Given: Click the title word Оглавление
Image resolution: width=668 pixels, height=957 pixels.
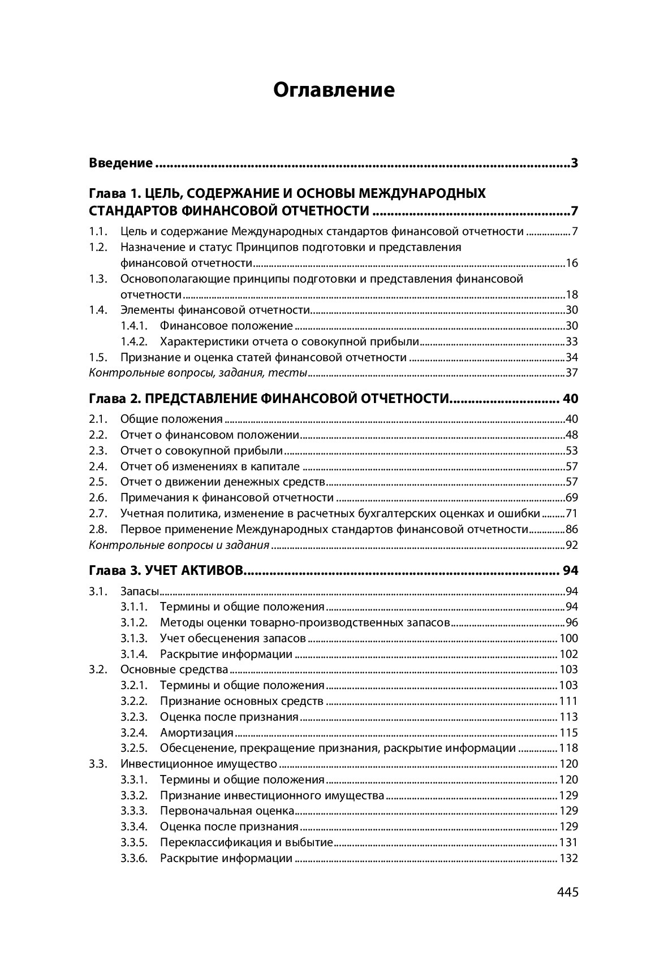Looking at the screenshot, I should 334,90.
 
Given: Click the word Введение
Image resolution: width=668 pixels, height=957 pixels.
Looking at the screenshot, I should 121,163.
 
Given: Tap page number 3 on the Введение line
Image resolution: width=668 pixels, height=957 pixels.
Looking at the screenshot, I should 574,163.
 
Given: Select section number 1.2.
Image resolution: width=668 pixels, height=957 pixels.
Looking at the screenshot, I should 98,247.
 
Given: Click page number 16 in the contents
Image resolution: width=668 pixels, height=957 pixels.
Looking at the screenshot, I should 572,263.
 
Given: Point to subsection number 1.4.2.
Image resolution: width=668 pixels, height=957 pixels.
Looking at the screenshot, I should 134,341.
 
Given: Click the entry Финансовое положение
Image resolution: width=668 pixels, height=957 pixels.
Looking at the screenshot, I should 226,326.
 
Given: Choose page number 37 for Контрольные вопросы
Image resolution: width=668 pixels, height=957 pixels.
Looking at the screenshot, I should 572,373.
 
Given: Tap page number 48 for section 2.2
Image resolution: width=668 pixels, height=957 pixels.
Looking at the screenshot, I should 572,435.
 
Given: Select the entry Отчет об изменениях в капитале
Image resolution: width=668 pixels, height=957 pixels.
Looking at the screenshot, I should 210,467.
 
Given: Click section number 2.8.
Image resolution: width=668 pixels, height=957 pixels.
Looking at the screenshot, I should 98,530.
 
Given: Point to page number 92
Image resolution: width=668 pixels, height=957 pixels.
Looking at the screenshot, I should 572,545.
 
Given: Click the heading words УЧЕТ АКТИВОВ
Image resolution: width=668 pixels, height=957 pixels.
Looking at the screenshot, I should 194,570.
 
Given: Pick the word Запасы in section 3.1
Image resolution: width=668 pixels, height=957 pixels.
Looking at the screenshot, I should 139,592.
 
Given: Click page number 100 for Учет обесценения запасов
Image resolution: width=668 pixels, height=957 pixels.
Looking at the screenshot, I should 568,639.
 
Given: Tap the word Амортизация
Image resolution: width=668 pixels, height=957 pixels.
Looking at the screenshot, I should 197,733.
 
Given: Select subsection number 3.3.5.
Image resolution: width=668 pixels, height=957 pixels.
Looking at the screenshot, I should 134,843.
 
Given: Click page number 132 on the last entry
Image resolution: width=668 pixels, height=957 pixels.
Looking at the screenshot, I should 568,859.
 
